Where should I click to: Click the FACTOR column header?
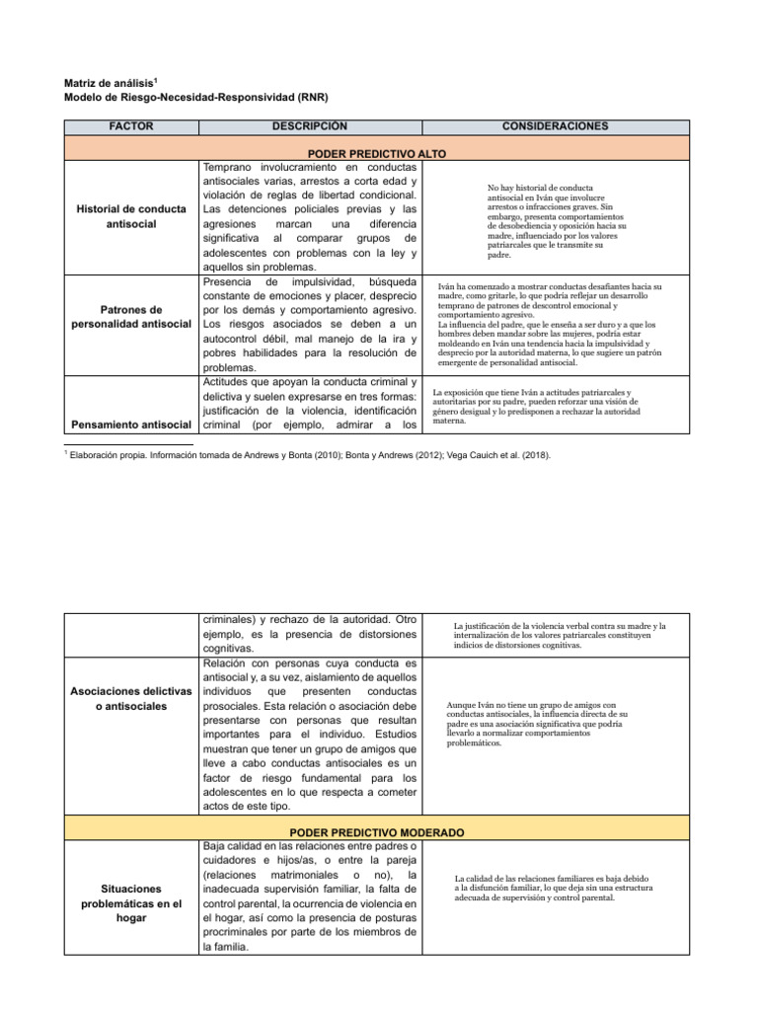[x=130, y=126]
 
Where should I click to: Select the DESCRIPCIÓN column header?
[x=311, y=126]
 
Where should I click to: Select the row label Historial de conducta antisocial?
[x=130, y=217]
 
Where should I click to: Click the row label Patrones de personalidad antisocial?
[x=130, y=318]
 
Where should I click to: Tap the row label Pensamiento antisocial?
[x=130, y=425]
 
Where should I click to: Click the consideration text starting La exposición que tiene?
[x=537, y=406]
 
